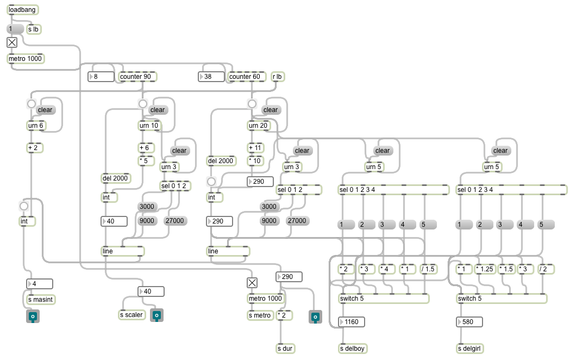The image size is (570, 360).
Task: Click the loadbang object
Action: coord(22,10)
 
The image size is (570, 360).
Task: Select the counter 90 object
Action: coord(137,77)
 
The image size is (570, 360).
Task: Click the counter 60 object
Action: coord(247,77)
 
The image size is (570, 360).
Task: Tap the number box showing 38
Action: coord(211,77)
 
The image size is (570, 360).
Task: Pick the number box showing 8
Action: coord(101,77)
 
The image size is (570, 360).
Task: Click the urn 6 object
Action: coord(36,126)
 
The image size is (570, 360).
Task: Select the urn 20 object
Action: coord(258,126)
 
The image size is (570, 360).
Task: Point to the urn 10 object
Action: coord(149,126)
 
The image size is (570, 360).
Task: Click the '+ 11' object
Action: coord(255,148)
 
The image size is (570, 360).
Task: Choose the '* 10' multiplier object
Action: coord(255,161)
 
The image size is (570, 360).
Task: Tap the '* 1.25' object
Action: coord(485,269)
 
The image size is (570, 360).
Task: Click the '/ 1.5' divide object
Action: coord(428,269)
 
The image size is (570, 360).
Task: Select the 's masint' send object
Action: coord(41,300)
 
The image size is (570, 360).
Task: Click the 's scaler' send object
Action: coord(131,315)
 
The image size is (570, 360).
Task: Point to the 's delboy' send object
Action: coord(353,349)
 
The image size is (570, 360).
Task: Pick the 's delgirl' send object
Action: coord(469,349)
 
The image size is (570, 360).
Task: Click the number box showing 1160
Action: coord(352,322)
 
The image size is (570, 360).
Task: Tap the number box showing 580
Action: coord(469,322)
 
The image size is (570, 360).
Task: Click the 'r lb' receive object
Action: coord(277,77)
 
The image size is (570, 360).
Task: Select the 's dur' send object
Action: coord(285,349)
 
